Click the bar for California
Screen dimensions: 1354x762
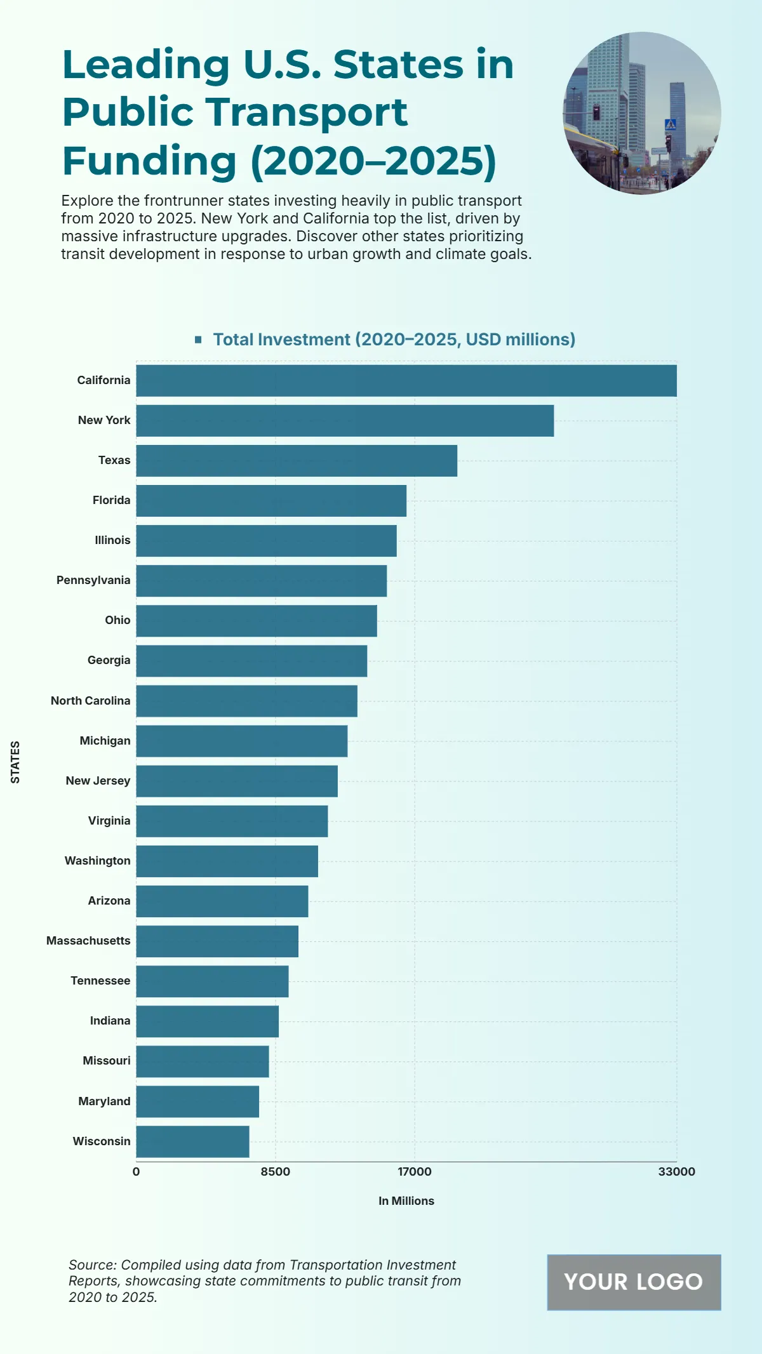[x=406, y=380]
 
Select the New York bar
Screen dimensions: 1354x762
[x=345, y=420]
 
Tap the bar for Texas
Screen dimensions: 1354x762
[x=297, y=460]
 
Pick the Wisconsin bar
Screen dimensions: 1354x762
[x=192, y=1141]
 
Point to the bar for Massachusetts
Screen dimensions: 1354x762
[x=217, y=941]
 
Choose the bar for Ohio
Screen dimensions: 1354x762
[x=257, y=620]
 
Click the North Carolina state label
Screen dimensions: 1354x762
[x=90, y=701]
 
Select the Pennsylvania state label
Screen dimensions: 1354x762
[x=93, y=580]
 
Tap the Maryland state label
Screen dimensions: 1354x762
[x=104, y=1101]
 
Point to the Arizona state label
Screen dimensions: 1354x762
[x=109, y=901]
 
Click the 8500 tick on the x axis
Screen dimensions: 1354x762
[x=275, y=1172]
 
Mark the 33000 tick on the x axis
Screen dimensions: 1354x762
[x=676, y=1172]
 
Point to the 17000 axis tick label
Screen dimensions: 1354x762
[x=415, y=1172]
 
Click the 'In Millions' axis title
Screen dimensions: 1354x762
[x=406, y=1201]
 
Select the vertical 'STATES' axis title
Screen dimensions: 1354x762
[x=15, y=762]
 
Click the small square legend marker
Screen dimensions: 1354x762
[x=198, y=340]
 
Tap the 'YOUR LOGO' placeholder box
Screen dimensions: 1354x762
[x=634, y=1282]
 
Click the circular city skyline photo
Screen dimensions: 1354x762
[x=642, y=113]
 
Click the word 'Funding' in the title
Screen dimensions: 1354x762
[x=149, y=161]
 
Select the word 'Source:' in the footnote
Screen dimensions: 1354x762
[x=93, y=1265]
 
